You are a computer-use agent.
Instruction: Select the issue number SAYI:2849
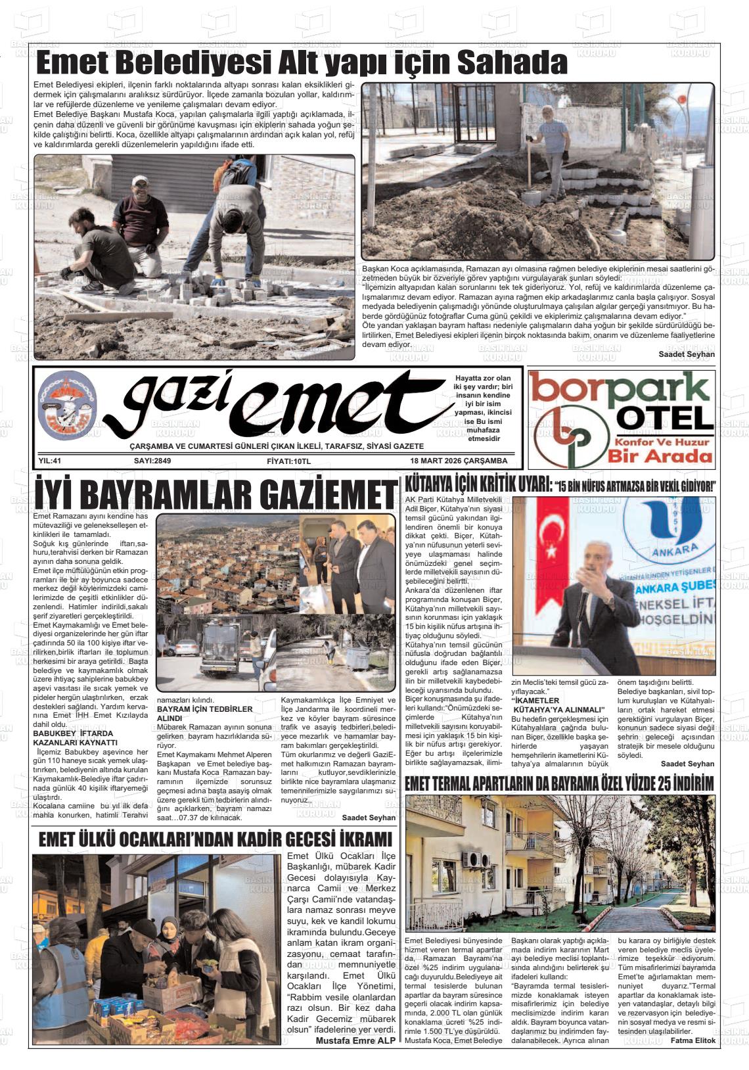pyautogui.click(x=152, y=461)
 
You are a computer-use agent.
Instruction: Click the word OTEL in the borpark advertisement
pyautogui.click(x=666, y=418)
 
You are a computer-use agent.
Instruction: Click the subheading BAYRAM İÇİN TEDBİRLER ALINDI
pyautogui.click(x=204, y=714)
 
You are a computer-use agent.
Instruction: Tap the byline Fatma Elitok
pyautogui.click(x=692, y=1041)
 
